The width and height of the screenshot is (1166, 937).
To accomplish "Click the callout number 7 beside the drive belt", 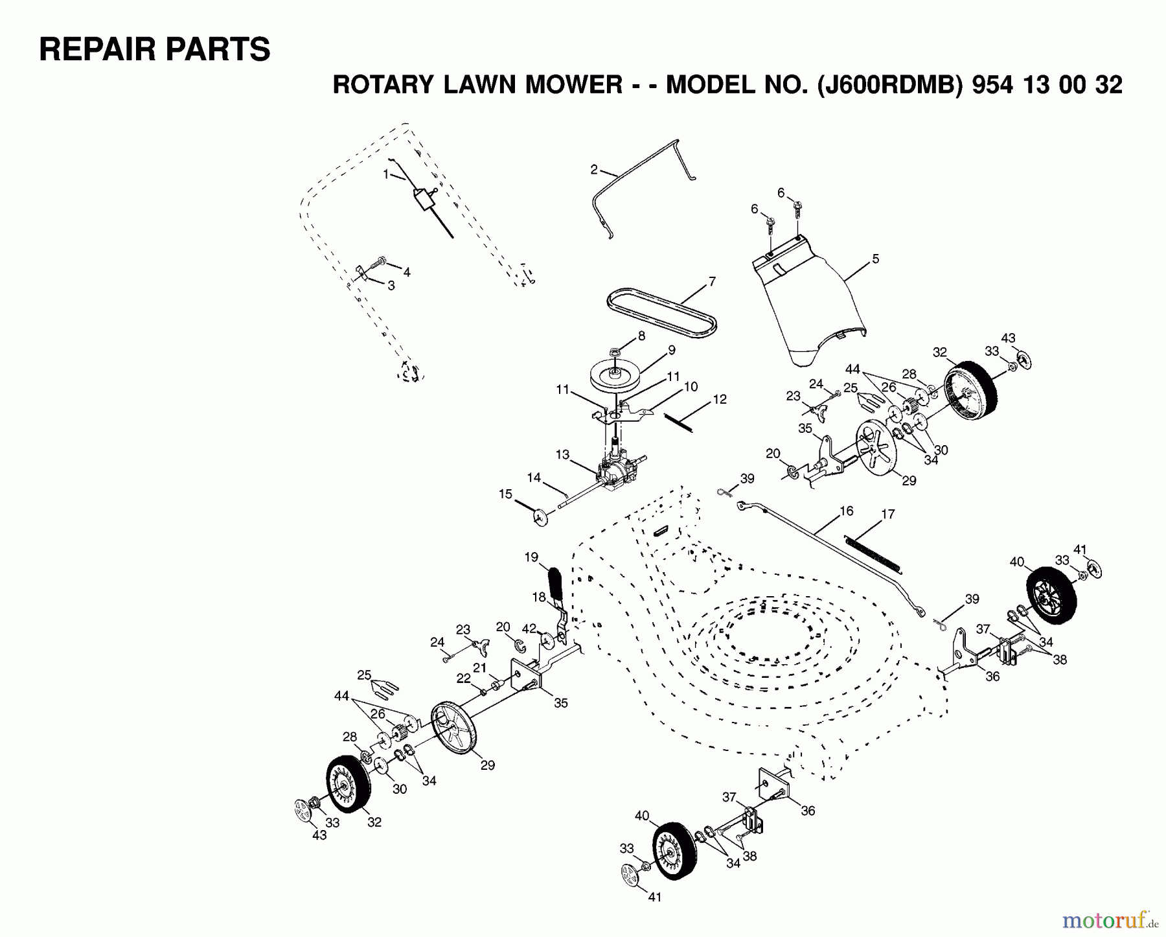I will point(712,282).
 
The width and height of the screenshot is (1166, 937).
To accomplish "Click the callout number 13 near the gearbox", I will point(562,455).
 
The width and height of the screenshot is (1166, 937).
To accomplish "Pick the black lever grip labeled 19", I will point(556,583).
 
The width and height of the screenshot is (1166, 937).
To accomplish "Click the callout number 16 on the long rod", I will point(847,511).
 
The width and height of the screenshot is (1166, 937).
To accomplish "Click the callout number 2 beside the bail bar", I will point(594,170).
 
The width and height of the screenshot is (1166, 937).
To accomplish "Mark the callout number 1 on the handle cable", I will point(385,174).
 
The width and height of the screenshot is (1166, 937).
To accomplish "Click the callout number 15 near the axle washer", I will point(505,494).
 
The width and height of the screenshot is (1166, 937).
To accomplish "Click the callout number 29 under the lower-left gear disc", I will point(487,765).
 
